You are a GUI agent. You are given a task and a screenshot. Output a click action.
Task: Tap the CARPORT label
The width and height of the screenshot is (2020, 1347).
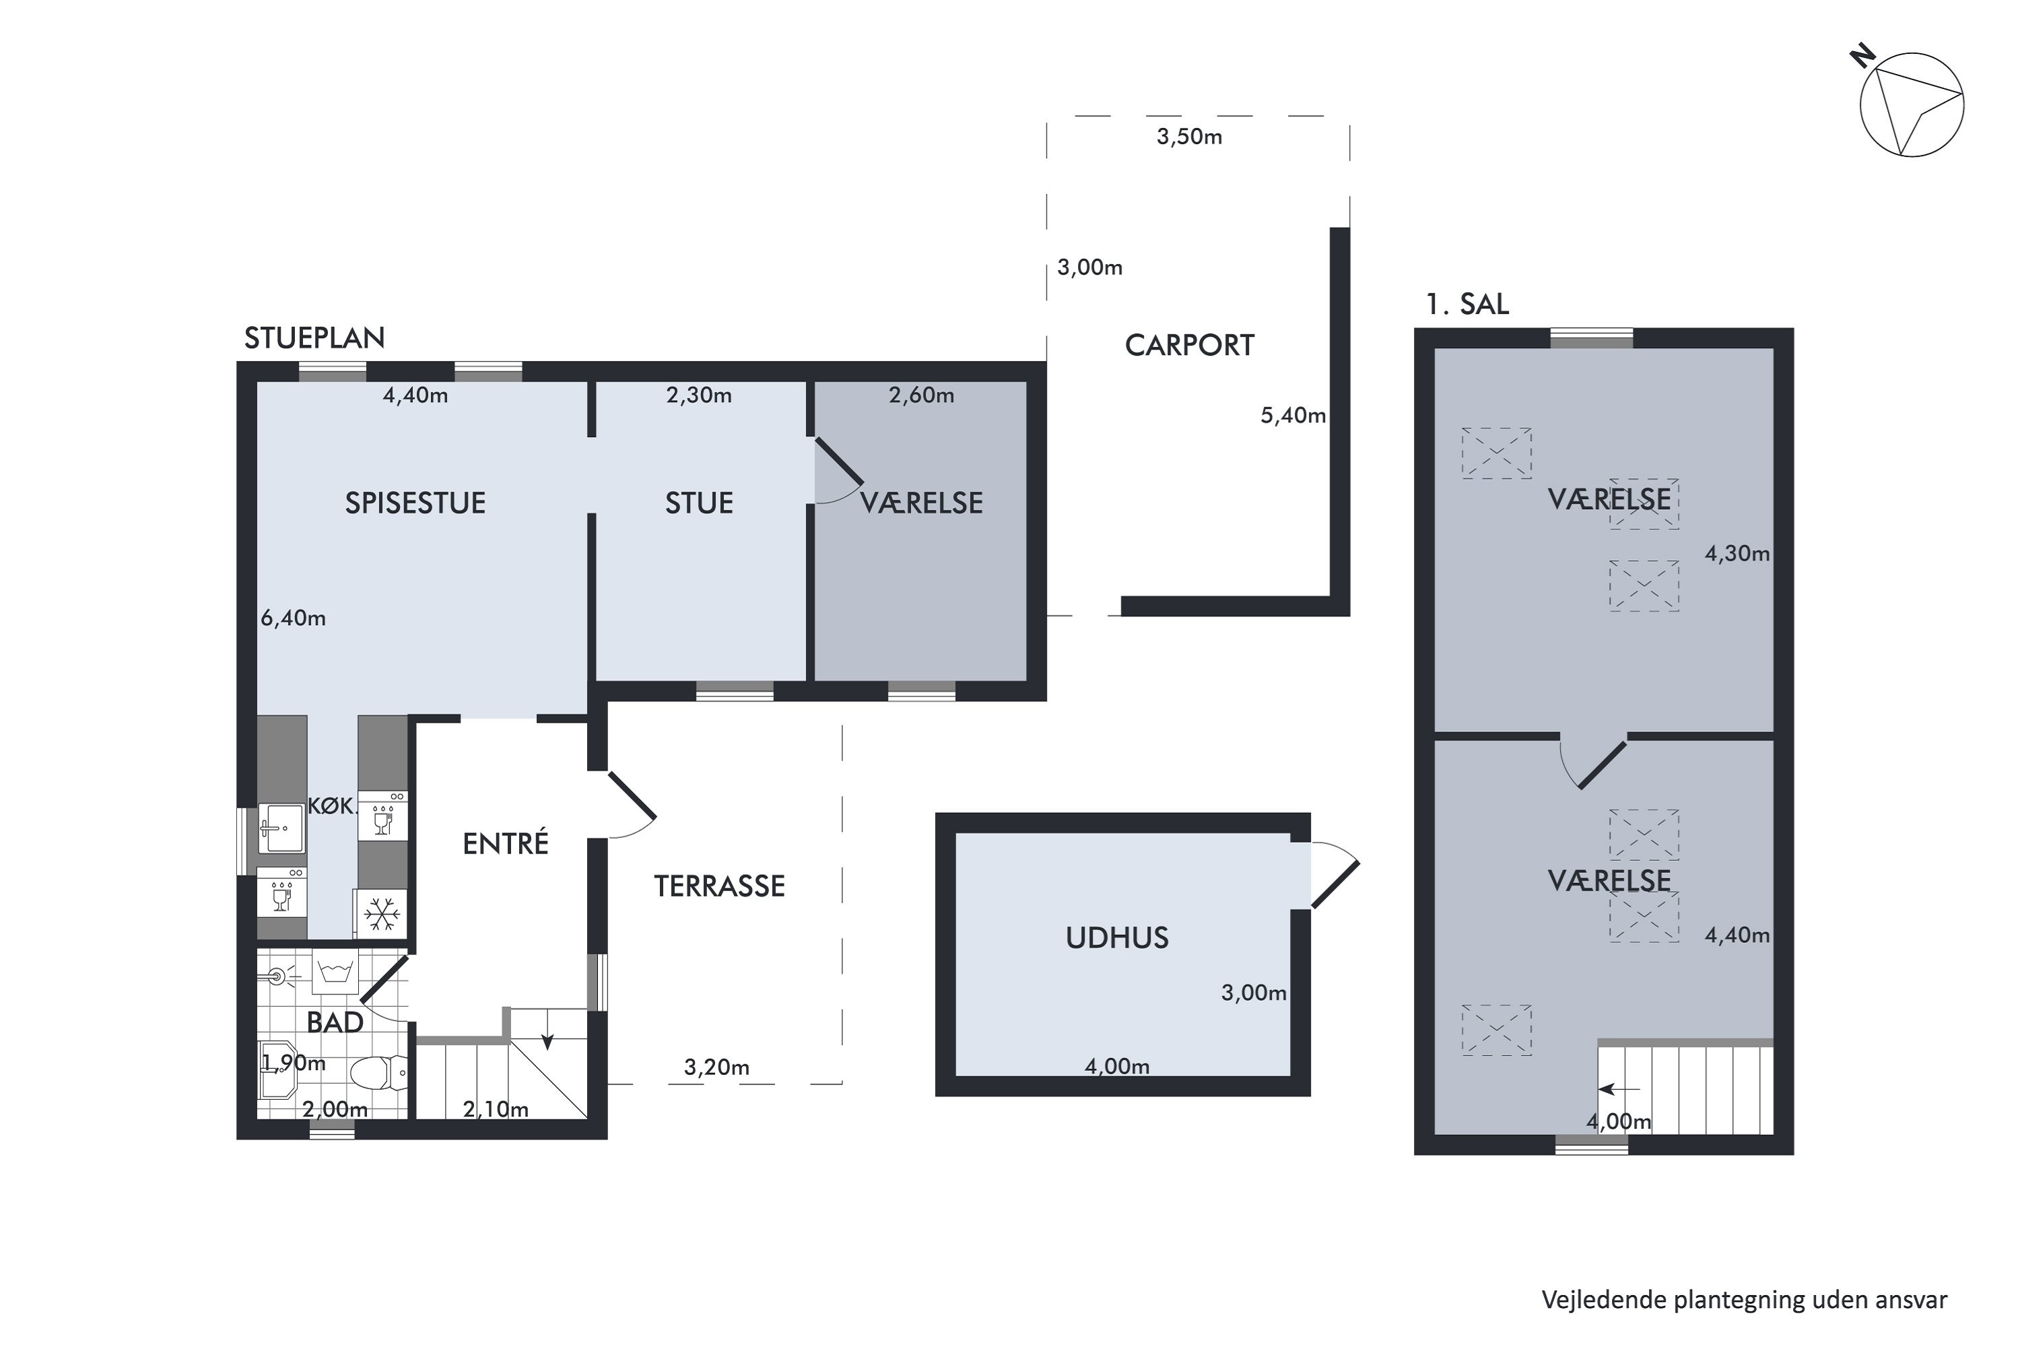1190,346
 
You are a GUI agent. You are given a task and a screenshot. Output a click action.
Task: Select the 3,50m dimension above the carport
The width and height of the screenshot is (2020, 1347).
1190,137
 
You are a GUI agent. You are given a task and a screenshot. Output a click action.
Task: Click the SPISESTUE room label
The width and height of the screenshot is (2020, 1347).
415,502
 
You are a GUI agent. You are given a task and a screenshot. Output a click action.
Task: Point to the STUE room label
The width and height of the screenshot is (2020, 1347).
699,502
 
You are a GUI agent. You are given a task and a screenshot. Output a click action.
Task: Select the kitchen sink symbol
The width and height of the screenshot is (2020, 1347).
281,828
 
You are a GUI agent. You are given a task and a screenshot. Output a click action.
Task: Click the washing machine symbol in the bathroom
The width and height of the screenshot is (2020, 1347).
335,972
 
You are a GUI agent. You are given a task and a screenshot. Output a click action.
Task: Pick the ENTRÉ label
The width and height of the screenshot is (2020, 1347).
505,844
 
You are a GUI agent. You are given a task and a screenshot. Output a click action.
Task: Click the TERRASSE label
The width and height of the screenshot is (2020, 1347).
720,886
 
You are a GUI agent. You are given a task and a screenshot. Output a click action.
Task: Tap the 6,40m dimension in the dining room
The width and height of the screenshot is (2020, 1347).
293,618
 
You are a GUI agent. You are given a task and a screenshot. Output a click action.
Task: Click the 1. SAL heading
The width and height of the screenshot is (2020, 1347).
1467,304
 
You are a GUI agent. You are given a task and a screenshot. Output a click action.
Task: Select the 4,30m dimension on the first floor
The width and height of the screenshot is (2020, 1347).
1737,553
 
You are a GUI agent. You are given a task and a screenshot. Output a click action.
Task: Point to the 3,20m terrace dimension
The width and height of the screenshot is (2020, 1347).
716,1067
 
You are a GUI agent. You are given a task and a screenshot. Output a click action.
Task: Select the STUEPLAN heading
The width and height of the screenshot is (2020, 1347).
314,337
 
